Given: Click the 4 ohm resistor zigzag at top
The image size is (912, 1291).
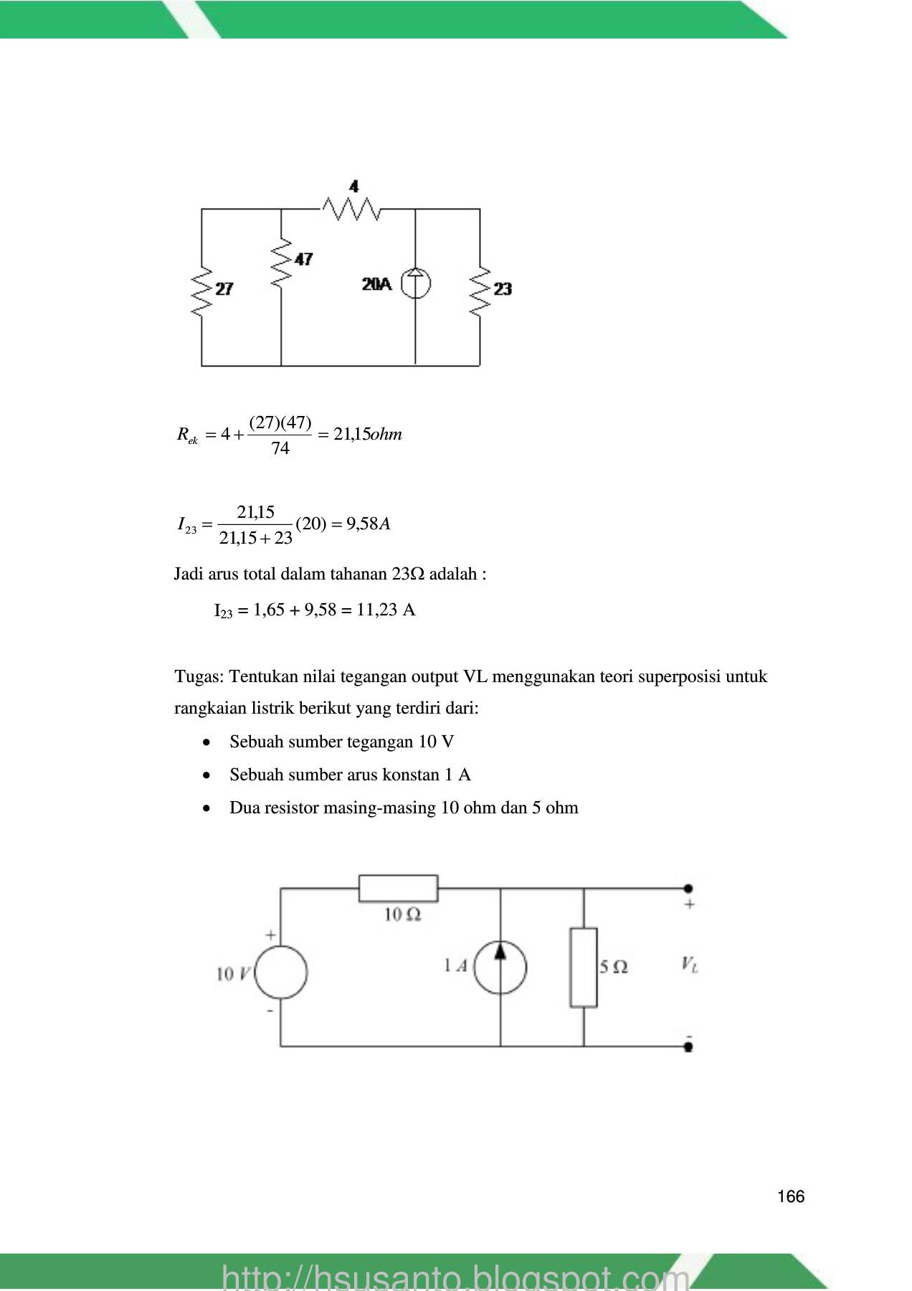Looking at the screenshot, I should tap(351, 209).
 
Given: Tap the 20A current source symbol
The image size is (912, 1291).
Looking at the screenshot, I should tap(416, 283).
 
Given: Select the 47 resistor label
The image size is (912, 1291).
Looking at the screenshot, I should tap(303, 259).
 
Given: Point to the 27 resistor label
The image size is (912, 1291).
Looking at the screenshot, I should tap(224, 288).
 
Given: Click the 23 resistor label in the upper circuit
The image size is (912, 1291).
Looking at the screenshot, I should tap(503, 288).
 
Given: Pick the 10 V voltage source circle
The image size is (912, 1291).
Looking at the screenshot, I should tap(281, 972).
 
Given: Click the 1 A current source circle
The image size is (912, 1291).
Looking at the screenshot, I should tap(500, 968).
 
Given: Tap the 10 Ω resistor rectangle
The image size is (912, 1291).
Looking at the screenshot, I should tap(398, 888).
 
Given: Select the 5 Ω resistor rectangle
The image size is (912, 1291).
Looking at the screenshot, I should tap(584, 968).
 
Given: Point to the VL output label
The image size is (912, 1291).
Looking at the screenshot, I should tap(690, 965).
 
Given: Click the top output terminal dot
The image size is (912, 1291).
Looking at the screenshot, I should tap(688, 889).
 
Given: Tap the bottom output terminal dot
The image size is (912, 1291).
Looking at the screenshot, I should tap(688, 1046).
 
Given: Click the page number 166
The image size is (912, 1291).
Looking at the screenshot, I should tap(791, 1196).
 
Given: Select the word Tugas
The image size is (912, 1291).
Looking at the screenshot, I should tap(199, 677).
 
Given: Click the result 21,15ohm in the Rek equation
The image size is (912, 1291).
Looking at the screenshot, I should tap(368, 434).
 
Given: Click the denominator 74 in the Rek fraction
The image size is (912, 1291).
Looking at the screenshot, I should tap(280, 448).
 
